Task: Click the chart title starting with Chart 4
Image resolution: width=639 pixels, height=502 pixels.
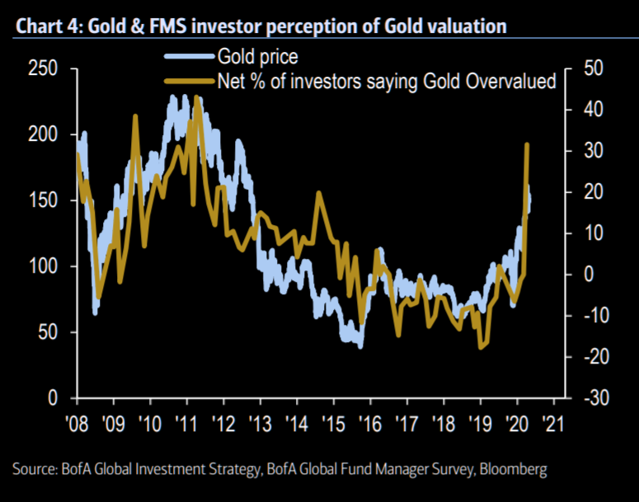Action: (x=260, y=27)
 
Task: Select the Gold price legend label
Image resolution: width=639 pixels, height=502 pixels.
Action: (x=257, y=58)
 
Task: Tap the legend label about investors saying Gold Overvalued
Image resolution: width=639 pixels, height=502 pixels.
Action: (x=387, y=81)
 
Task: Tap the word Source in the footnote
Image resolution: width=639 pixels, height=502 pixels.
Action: (x=35, y=470)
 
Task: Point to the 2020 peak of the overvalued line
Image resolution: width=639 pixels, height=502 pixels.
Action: (x=527, y=145)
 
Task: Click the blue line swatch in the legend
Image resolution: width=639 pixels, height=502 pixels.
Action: (x=188, y=58)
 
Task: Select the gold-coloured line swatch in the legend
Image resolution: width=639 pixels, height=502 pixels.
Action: (x=188, y=81)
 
